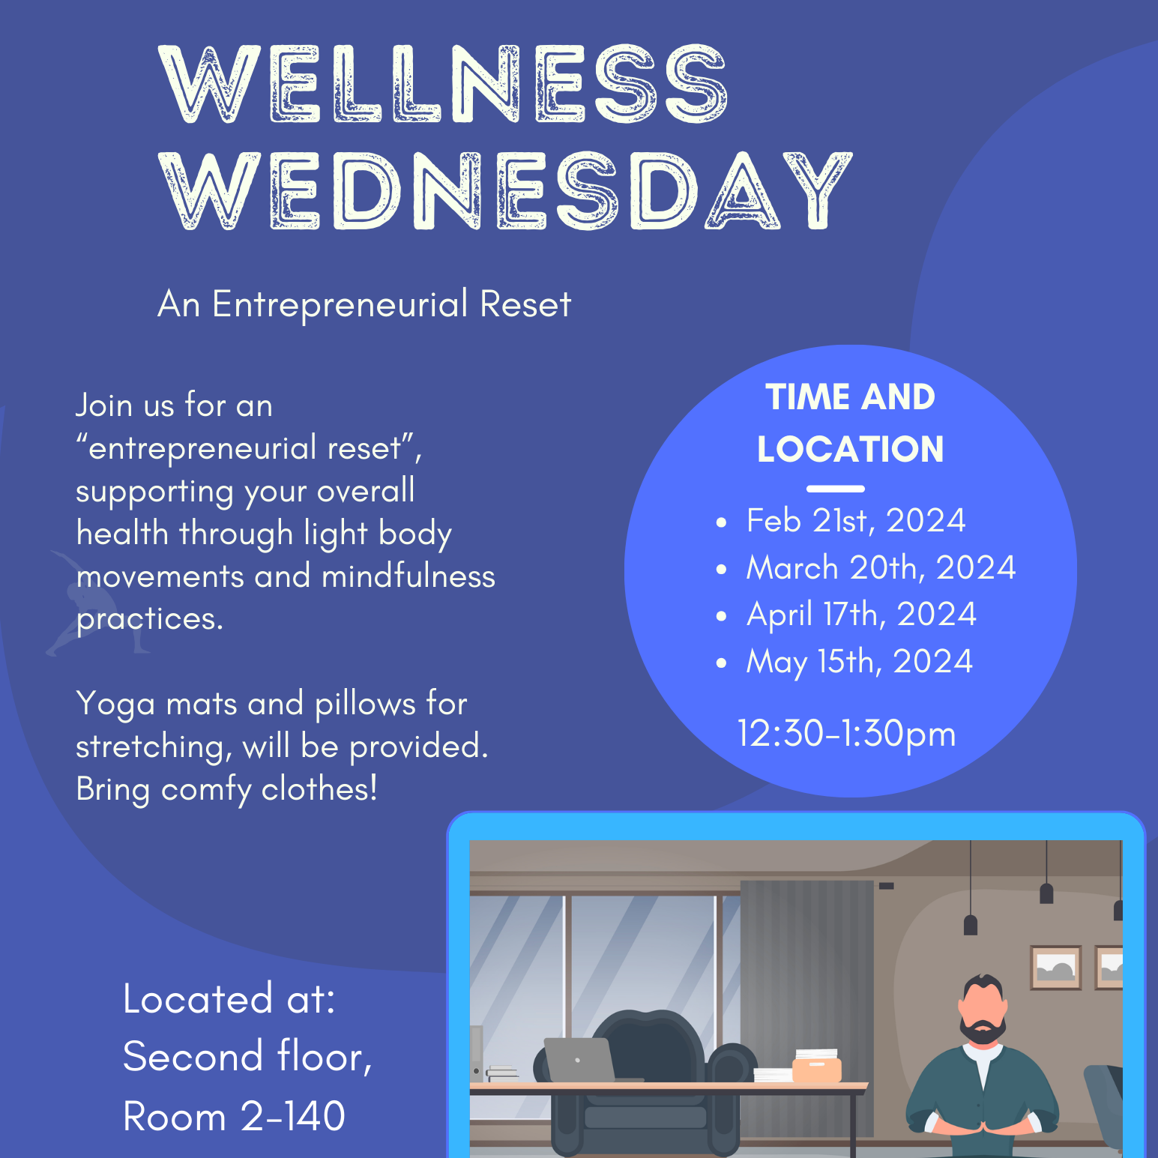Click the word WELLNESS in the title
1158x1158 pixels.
(x=444, y=84)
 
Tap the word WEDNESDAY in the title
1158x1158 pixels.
(x=506, y=191)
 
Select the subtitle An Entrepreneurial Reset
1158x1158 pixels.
(x=364, y=304)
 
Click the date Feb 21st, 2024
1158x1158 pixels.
(x=856, y=521)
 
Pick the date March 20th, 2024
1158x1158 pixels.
(x=881, y=568)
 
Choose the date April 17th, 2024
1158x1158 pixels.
(x=861, y=615)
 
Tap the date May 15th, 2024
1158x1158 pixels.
(x=859, y=662)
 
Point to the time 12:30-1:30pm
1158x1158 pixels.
(x=846, y=734)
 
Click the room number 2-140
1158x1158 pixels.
(x=293, y=1116)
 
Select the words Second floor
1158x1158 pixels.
(x=247, y=1057)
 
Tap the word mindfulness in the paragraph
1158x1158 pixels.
(x=408, y=577)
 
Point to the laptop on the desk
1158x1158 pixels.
(x=579, y=1059)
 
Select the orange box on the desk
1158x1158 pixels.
(x=817, y=1069)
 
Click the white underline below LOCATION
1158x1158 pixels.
(x=836, y=489)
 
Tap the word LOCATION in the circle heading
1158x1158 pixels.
(x=850, y=450)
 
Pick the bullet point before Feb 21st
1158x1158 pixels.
(x=721, y=522)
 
